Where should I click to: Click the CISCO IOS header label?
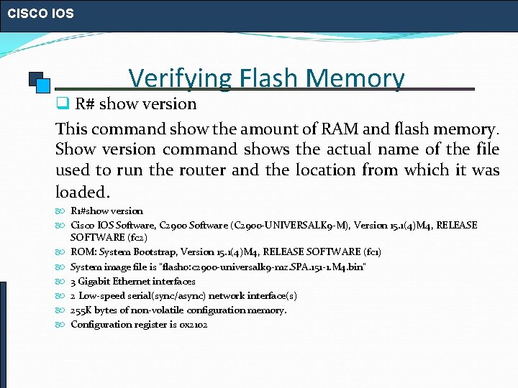40,13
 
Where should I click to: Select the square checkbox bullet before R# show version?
63,103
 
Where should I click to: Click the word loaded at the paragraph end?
81,192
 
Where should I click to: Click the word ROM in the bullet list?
82,251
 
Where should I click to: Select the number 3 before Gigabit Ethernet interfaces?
73,281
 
